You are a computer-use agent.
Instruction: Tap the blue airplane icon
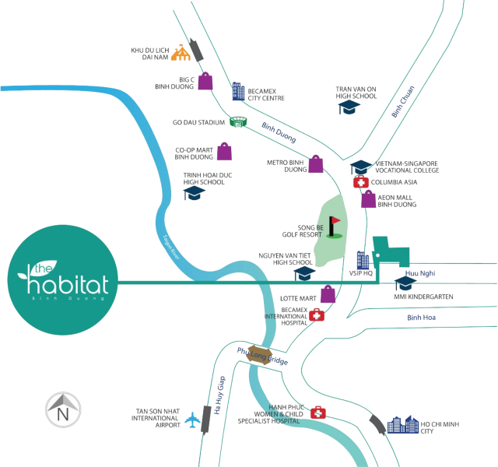(x=191, y=421)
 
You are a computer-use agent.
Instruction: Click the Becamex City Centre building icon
(x=237, y=92)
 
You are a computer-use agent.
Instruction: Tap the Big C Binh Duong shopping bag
(x=206, y=80)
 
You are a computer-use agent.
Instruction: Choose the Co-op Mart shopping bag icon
(x=224, y=150)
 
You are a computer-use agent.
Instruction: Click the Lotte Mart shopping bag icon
(x=329, y=294)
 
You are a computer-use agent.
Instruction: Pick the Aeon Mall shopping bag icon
(x=368, y=199)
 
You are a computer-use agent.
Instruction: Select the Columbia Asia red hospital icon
(x=360, y=182)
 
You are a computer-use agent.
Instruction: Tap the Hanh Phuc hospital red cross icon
(x=317, y=413)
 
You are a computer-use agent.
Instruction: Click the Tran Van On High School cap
(x=348, y=107)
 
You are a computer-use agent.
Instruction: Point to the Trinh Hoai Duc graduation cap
(x=194, y=192)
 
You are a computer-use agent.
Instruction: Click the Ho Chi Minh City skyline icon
(x=403, y=424)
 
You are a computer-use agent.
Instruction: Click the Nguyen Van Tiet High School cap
(x=302, y=273)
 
